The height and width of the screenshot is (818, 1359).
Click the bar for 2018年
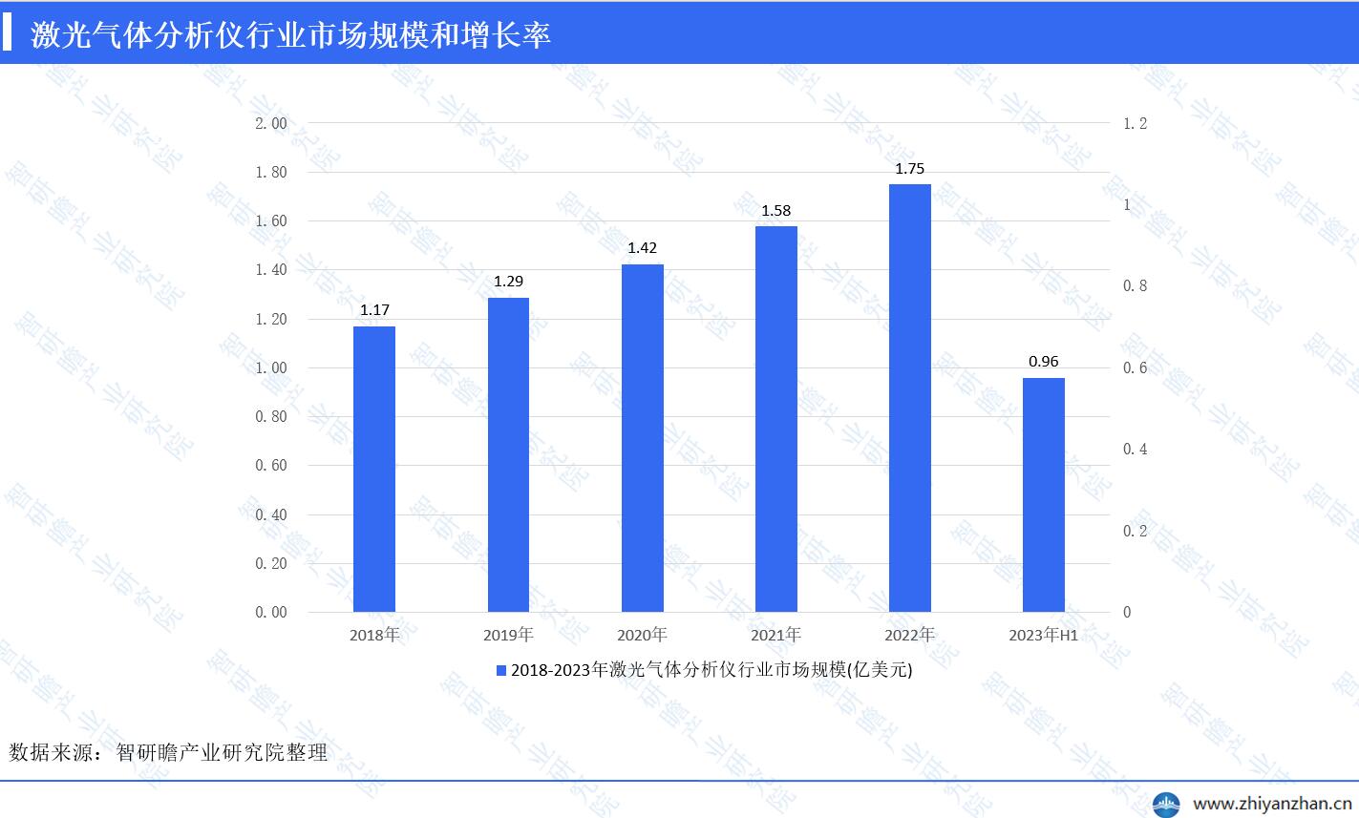pyautogui.click(x=374, y=469)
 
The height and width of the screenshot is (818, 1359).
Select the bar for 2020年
pyautogui.click(x=642, y=438)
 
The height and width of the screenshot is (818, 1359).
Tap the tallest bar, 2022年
pyautogui.click(x=909, y=398)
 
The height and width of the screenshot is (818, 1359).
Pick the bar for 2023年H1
pyautogui.click(x=1043, y=494)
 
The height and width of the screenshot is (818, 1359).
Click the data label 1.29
pyautogui.click(x=508, y=282)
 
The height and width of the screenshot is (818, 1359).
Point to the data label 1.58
pyautogui.click(x=775, y=210)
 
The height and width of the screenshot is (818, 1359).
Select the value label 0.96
pyautogui.click(x=1043, y=362)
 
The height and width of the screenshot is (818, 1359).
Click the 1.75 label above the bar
pyautogui.click(x=909, y=169)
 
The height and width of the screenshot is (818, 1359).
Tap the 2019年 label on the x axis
pyautogui.click(x=508, y=635)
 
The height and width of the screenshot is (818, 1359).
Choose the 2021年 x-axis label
pyautogui.click(x=775, y=635)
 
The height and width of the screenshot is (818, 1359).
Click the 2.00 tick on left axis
pyautogui.click(x=271, y=124)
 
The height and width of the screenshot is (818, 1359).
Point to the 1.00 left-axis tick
pyautogui.click(x=271, y=368)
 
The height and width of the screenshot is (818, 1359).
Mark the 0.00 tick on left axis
pyautogui.click(x=271, y=613)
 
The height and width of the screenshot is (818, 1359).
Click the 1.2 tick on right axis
pyautogui.click(x=1135, y=124)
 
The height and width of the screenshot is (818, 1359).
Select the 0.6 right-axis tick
pyautogui.click(x=1135, y=368)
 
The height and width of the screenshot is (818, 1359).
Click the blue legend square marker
pyautogui.click(x=500, y=671)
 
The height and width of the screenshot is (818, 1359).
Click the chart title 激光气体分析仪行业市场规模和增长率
pyautogui.click(x=290, y=35)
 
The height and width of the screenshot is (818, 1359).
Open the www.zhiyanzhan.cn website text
pyautogui.click(x=1273, y=803)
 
